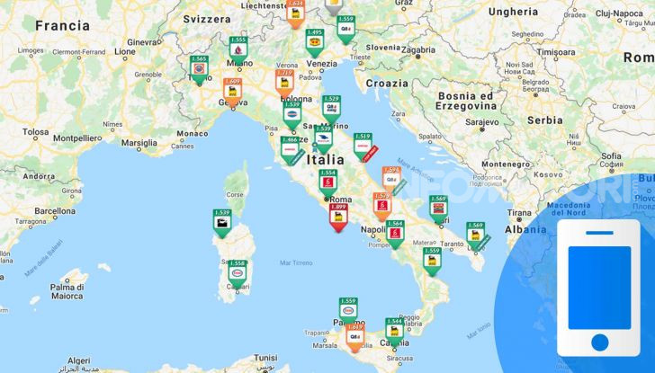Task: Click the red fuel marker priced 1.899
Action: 339,217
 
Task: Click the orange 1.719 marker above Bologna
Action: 284,82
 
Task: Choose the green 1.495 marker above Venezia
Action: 314,44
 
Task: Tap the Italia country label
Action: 325,159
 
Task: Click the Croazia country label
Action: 386,83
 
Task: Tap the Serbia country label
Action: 545,120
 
